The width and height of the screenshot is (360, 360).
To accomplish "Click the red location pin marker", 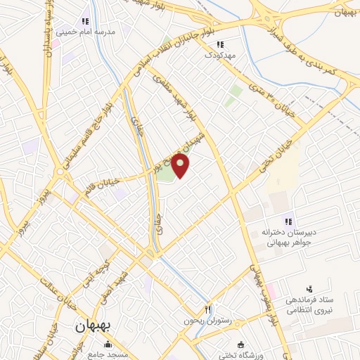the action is coord(181,165).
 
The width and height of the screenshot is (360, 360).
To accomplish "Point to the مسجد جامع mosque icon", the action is coord(107,345).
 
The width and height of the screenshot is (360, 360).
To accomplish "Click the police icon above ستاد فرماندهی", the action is coord(309,289).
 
